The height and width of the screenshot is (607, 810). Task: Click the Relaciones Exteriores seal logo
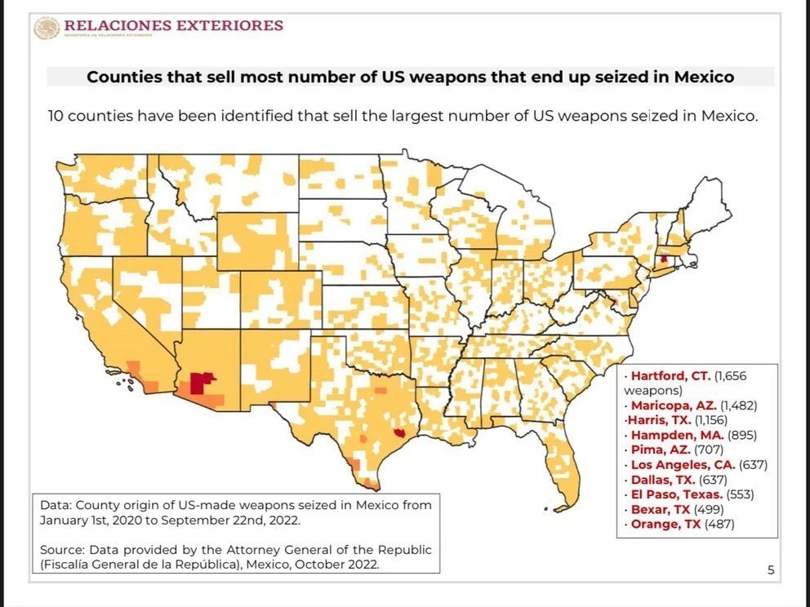coord(47,28)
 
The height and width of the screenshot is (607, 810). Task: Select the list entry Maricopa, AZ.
coord(674,405)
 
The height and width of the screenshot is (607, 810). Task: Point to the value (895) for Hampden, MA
coord(742,435)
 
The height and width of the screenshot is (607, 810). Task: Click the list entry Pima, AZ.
coord(661,450)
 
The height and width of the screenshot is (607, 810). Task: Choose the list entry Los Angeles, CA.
coord(683,465)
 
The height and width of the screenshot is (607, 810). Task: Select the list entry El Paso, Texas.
coord(677,494)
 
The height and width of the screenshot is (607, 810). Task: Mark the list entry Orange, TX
coord(665,524)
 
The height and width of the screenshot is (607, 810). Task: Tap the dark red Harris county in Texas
coord(398,433)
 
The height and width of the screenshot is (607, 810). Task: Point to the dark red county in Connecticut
coord(664,258)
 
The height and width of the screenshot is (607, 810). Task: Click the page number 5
coord(771,570)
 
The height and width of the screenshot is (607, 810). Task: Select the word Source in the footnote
coord(61,550)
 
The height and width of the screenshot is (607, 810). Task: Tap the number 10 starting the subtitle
coord(56,116)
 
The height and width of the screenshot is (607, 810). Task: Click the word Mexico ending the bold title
coord(704,78)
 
